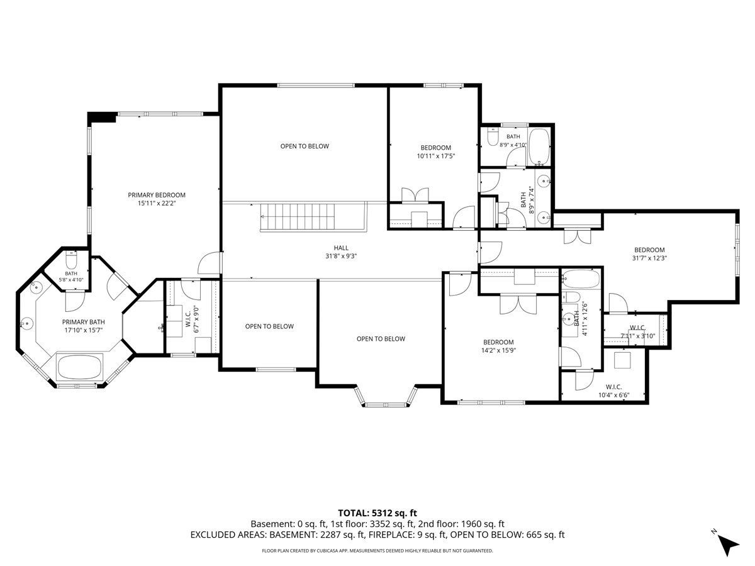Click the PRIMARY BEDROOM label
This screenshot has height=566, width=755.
click(x=157, y=195)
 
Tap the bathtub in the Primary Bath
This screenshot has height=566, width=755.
click(x=79, y=367)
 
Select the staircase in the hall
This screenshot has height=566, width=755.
click(x=297, y=216)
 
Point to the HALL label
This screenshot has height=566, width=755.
click(x=341, y=248)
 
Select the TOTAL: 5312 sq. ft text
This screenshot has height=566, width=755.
click(x=377, y=513)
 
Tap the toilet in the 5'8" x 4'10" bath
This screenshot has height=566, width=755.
click(x=71, y=260)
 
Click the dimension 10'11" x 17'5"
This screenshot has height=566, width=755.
click(x=436, y=156)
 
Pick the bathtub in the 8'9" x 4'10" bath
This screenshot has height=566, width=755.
click(x=539, y=147)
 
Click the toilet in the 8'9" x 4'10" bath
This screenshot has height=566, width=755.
click(x=493, y=136)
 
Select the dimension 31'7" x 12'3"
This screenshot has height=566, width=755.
click(x=649, y=258)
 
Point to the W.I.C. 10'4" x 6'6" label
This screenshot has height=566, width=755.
click(x=613, y=391)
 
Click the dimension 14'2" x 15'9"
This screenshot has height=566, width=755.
click(x=498, y=350)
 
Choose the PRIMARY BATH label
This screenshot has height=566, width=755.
click(x=83, y=322)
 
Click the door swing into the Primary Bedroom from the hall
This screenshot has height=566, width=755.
click(x=210, y=263)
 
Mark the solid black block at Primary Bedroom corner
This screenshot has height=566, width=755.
click(x=102, y=117)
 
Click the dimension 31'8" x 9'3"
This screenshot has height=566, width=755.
click(x=341, y=256)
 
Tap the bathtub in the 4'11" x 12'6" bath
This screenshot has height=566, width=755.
click(x=581, y=279)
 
